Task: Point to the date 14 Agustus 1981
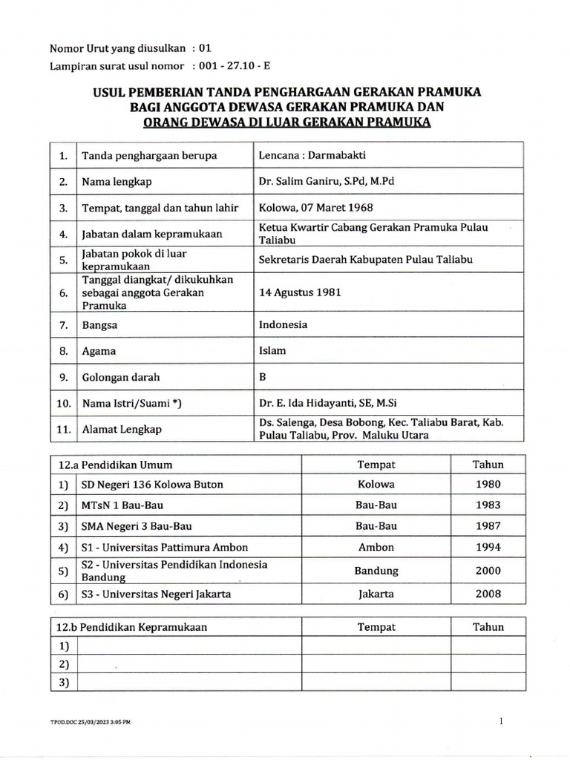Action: point(300,292)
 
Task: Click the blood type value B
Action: point(262,376)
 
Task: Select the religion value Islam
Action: point(272,350)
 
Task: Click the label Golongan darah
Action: point(121,377)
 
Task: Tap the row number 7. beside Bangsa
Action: point(64,325)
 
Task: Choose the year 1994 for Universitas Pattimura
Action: point(488,548)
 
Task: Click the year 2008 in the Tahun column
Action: point(488,594)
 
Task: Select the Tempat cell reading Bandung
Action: point(376,571)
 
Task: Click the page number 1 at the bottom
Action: point(501,721)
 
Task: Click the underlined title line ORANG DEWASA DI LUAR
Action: point(286,122)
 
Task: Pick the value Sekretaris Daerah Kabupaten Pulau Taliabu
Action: point(365,259)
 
